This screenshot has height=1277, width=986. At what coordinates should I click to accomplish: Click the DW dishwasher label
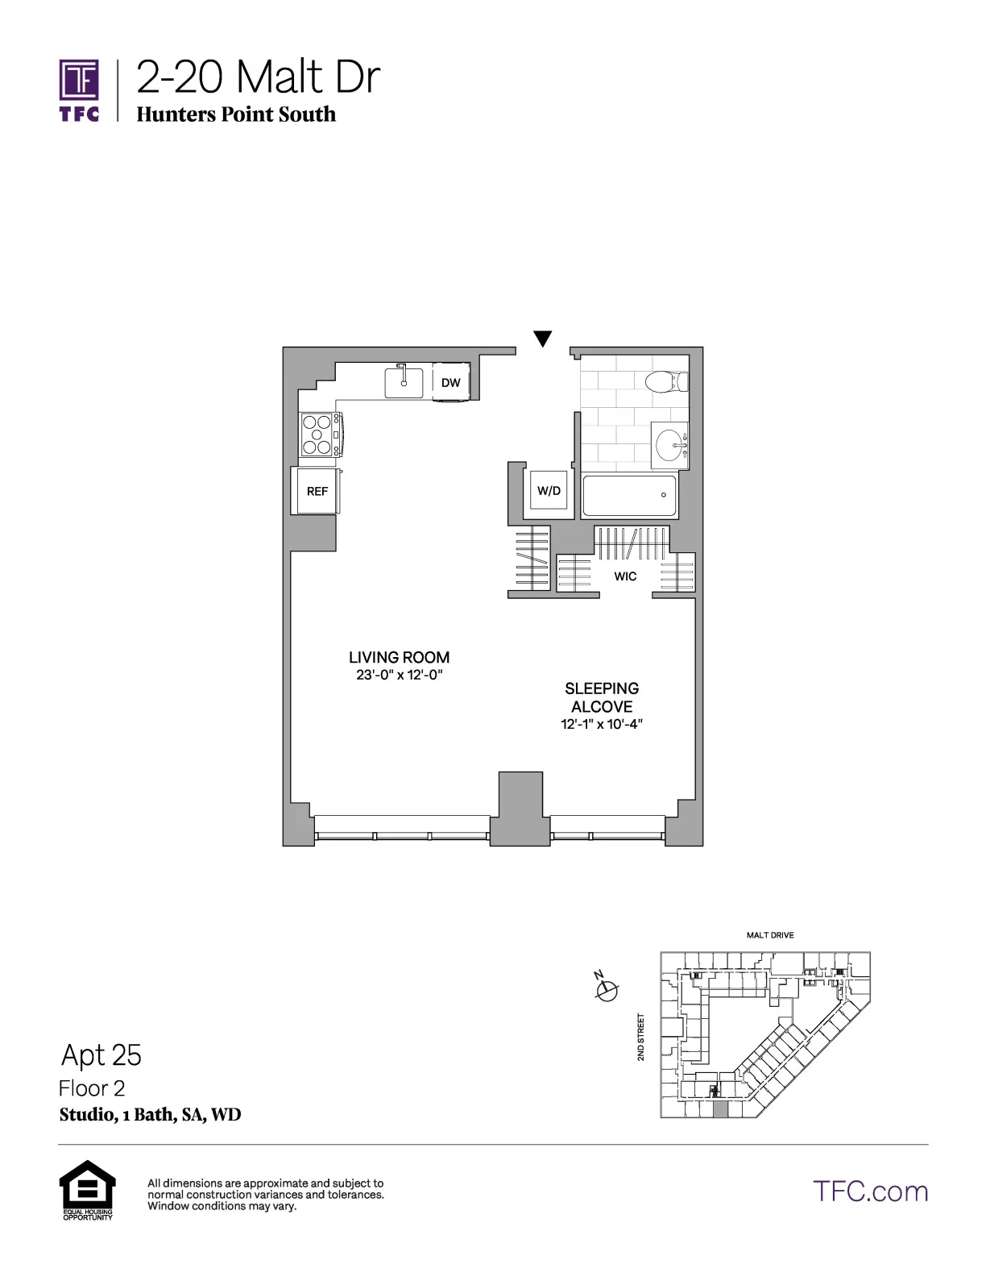pos(450,383)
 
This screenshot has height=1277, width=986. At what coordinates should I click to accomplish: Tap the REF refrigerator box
pos(317,491)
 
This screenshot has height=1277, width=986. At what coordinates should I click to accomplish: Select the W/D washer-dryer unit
pos(549,491)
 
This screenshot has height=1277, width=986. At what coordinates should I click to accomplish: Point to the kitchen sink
pos(404,383)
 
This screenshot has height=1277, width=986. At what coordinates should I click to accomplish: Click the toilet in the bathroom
pos(666,381)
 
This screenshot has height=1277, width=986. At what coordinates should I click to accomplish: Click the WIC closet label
pos(625,576)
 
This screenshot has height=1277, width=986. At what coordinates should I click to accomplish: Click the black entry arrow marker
pos(543,339)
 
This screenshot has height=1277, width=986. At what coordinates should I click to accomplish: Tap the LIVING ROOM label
pos(400,658)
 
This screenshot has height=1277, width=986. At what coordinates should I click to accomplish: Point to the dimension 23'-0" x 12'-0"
pos(400,676)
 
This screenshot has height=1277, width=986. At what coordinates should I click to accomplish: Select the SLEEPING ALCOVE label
pos(602,697)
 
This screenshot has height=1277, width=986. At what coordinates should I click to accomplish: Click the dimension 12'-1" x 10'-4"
pos(602,724)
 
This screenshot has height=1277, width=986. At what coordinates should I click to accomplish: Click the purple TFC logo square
pos(79,81)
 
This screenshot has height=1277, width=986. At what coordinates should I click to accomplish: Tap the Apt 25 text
pos(101,1055)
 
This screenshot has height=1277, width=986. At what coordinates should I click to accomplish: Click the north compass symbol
pos(607,988)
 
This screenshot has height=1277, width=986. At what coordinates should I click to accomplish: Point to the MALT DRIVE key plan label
pos(770,935)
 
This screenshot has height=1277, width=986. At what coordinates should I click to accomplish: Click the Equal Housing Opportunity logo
pos(88,1188)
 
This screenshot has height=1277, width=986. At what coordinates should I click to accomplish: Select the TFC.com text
pos(870,1192)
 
